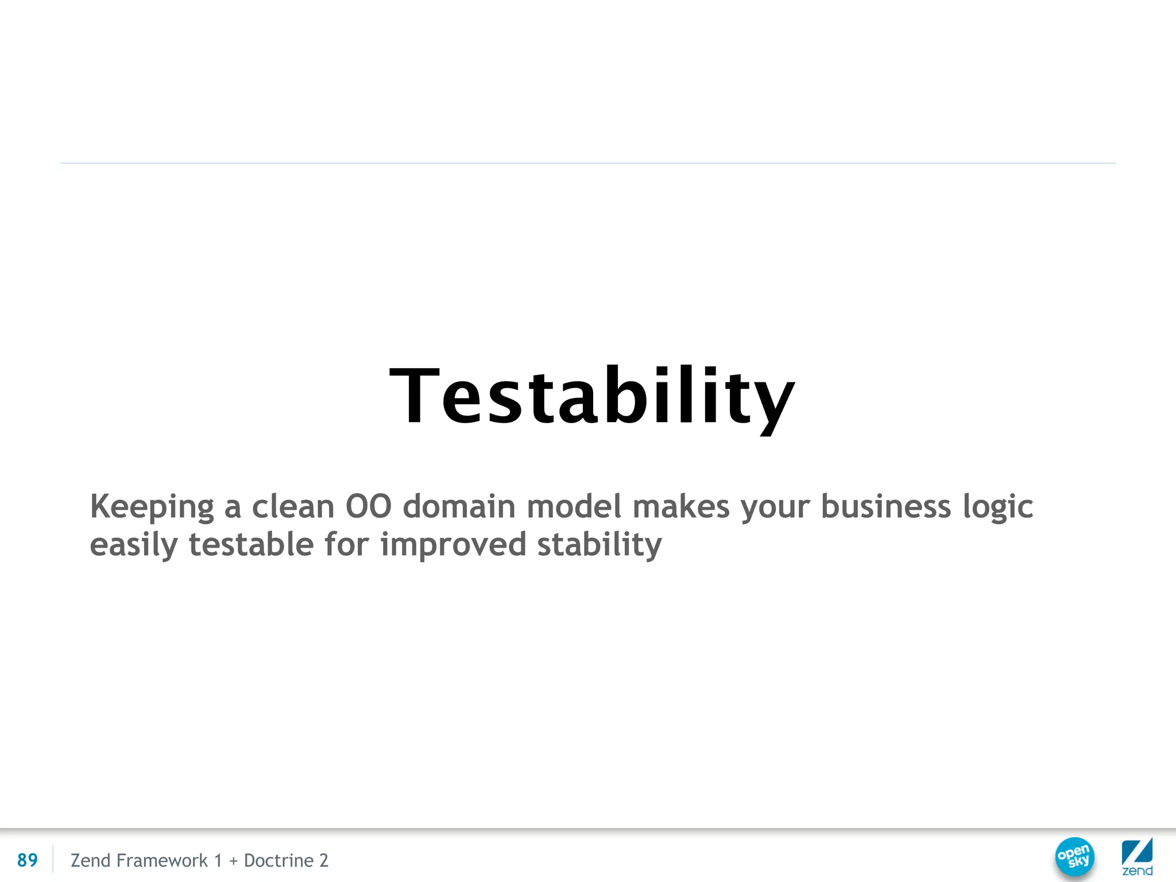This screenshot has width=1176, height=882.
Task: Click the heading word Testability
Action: coord(591,397)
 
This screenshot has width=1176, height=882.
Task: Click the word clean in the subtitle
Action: coord(293,507)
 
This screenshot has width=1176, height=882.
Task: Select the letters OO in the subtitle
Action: coord(368,507)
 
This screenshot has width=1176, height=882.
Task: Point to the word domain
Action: coord(459,507)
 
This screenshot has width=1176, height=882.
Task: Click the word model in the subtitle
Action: coord(574,507)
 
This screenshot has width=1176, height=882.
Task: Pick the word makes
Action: coord(680,507)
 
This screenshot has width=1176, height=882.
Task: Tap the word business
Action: coord(885,507)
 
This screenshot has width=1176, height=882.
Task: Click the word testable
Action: coord(251,544)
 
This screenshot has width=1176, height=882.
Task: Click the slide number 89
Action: coord(28,860)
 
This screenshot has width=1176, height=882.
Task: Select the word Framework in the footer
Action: coord(162,860)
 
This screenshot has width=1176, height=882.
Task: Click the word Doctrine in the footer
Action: coord(278,860)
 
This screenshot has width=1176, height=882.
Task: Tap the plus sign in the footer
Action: coord(233,861)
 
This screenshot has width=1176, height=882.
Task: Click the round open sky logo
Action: coord(1074,857)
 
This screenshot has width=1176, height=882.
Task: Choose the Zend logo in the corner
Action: coord(1137,857)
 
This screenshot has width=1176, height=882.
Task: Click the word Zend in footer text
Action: coord(90,860)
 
